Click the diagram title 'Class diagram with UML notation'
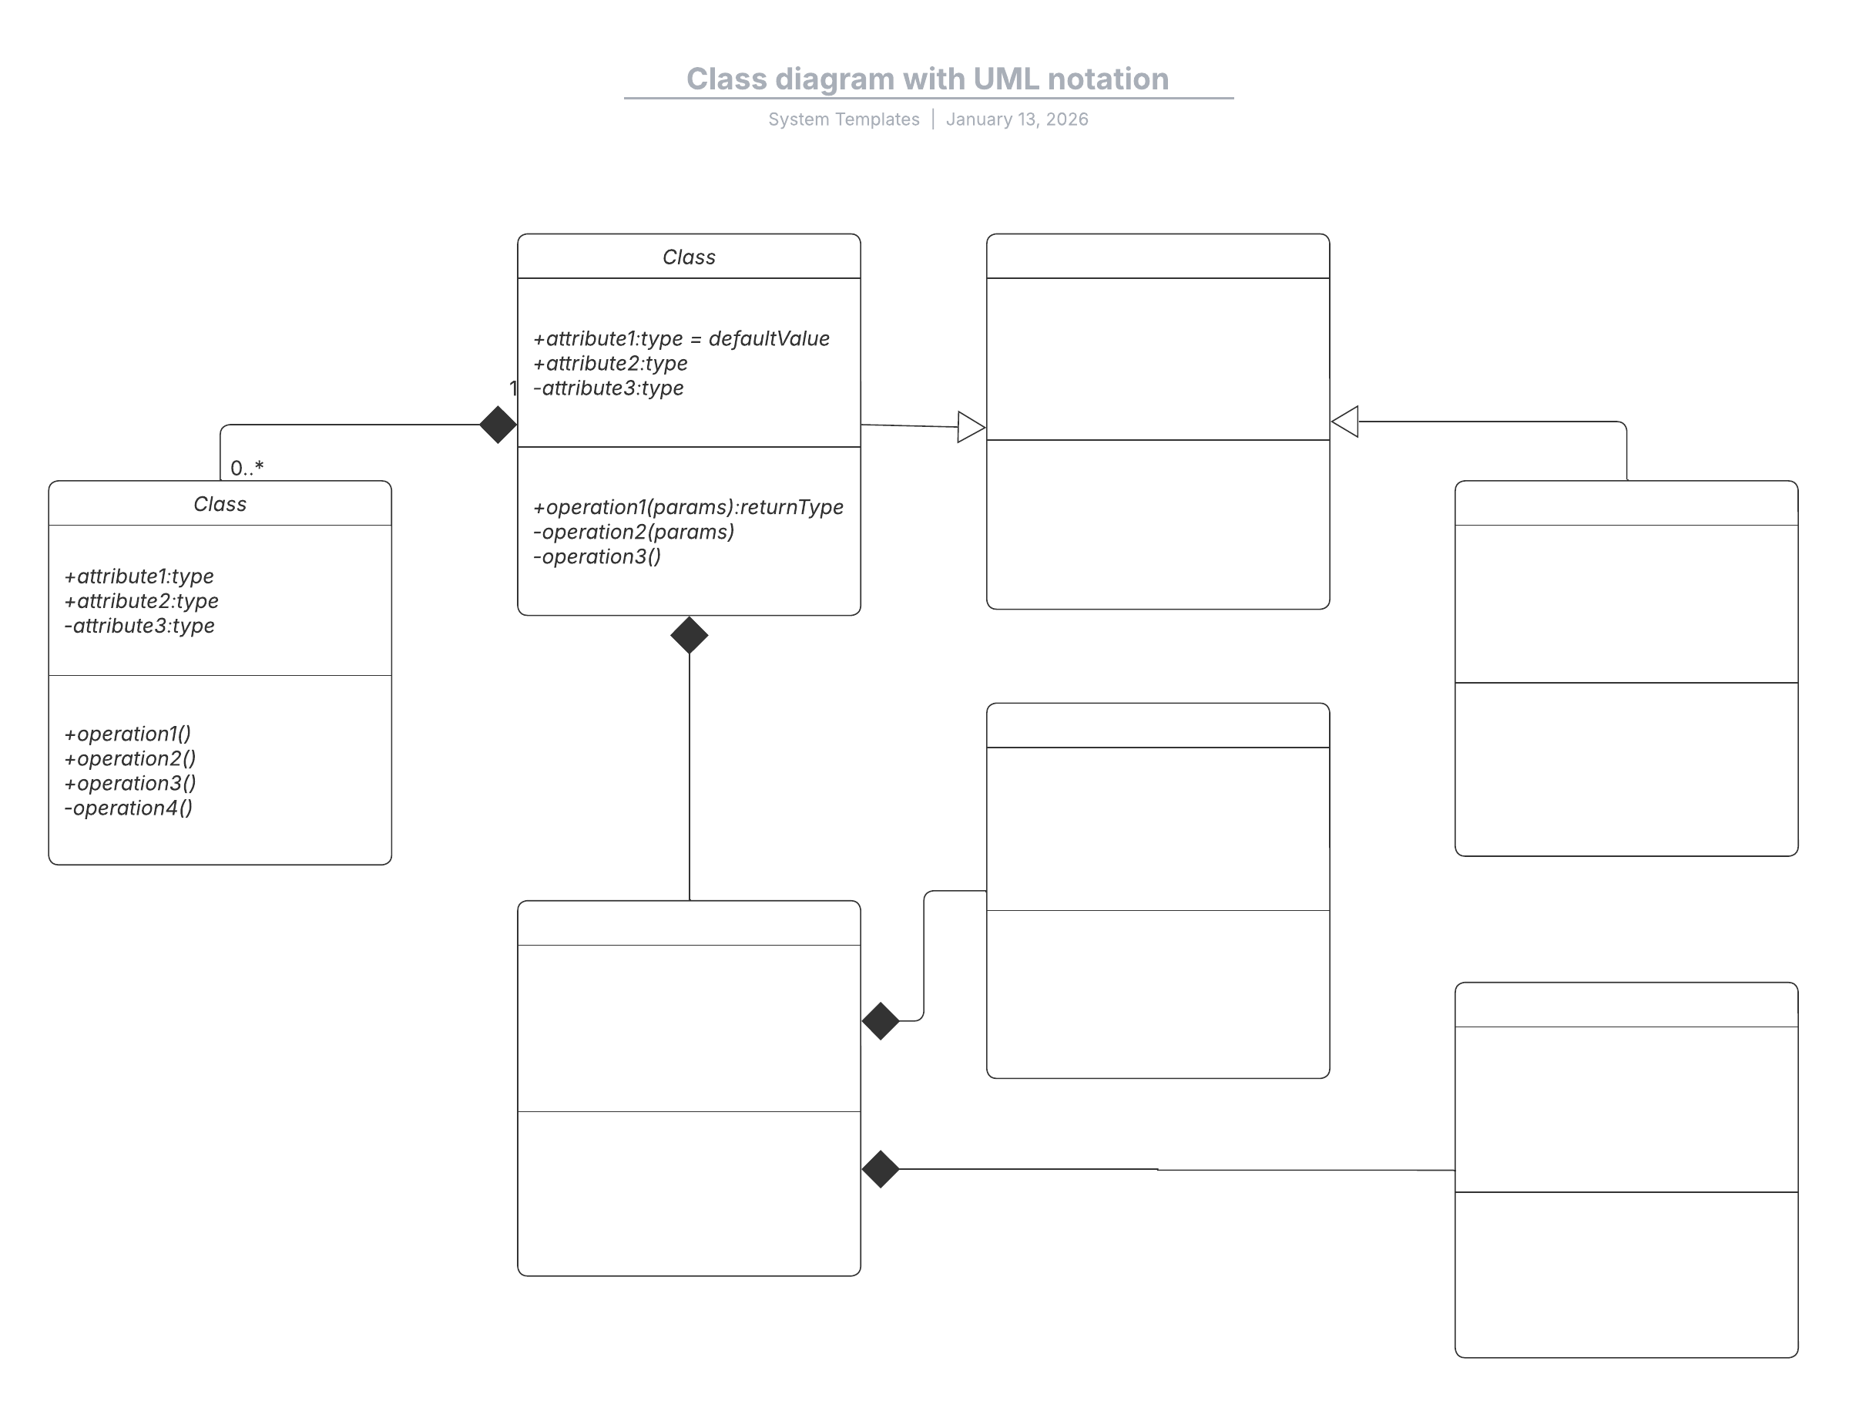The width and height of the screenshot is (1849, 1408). click(928, 79)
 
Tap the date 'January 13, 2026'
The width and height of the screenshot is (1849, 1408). click(1016, 119)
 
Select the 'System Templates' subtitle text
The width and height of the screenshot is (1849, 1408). click(844, 119)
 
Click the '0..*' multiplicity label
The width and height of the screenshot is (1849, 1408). click(247, 468)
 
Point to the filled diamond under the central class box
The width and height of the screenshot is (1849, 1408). click(690, 635)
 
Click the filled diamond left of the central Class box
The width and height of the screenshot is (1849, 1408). click(498, 425)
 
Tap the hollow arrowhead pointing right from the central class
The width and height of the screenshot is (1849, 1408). click(970, 428)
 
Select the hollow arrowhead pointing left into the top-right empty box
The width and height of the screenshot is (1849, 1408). click(1345, 422)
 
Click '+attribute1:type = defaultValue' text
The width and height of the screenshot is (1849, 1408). click(681, 338)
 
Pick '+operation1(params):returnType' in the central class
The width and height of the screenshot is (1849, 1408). click(688, 507)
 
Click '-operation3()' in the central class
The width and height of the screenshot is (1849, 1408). click(597, 556)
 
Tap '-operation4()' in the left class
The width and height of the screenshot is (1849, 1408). click(128, 808)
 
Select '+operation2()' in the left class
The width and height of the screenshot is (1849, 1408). click(130, 758)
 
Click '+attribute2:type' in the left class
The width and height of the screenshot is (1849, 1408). click(141, 601)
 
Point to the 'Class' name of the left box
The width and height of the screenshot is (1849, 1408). click(220, 504)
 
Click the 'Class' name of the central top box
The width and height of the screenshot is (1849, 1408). click(689, 257)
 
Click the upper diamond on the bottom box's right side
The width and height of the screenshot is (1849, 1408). click(881, 1022)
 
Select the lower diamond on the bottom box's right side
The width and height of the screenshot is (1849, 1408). click(881, 1169)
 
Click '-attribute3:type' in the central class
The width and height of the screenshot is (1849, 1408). click(608, 388)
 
